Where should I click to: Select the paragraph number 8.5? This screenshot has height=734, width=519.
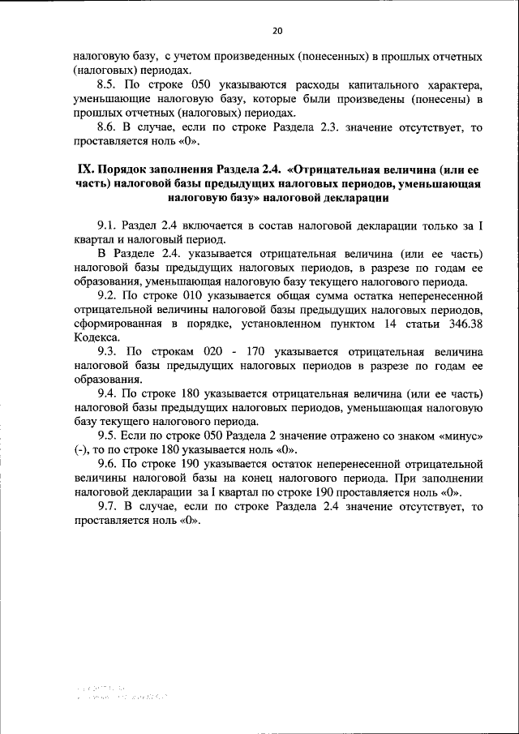point(107,85)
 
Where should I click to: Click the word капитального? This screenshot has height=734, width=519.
point(367,85)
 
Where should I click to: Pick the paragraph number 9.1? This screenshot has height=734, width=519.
point(107,226)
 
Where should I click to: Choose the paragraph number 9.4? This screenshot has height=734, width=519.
point(107,393)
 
